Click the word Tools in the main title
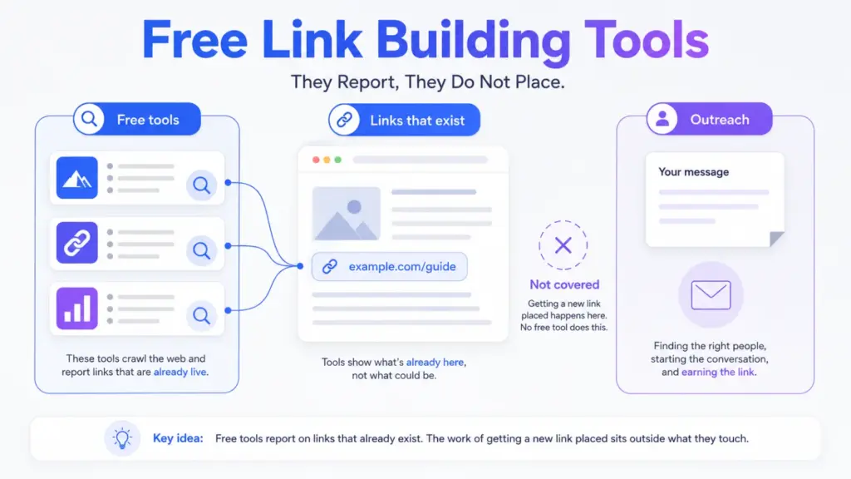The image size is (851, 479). (x=647, y=39)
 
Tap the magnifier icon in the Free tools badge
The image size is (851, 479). (x=89, y=119)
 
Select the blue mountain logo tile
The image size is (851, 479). (x=77, y=178)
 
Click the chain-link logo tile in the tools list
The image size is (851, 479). (x=77, y=243)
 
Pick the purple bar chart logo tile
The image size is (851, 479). (x=77, y=309)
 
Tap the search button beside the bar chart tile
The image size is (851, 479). (x=201, y=315)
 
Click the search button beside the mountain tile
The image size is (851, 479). (x=201, y=185)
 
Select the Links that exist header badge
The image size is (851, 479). (x=405, y=120)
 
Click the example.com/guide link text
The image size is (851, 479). (x=402, y=267)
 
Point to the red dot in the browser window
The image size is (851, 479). (x=316, y=160)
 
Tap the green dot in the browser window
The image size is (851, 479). (x=337, y=160)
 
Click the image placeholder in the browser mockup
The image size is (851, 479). (x=347, y=214)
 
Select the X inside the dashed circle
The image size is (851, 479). (x=563, y=245)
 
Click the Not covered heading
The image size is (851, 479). (x=564, y=284)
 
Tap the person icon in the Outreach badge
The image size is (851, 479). (x=662, y=119)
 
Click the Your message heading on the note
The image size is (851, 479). (x=694, y=172)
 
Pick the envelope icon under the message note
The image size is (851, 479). (x=711, y=295)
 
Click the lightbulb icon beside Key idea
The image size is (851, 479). (x=122, y=438)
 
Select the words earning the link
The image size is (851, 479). (x=717, y=372)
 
